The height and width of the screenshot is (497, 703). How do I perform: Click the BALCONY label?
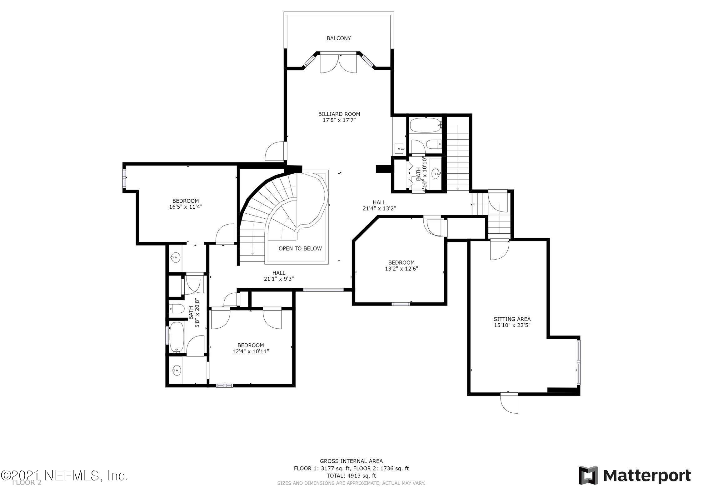(x=339, y=38)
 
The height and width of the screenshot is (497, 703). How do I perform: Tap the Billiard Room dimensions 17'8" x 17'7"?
(x=339, y=120)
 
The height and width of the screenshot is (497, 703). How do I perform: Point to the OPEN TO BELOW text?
(x=300, y=249)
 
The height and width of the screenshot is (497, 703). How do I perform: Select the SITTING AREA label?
(x=512, y=319)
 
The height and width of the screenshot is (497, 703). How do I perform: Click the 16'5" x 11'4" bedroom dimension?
(x=186, y=206)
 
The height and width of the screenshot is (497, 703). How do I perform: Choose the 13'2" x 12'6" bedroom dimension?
(x=401, y=268)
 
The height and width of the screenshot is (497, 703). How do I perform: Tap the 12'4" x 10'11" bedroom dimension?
(x=251, y=351)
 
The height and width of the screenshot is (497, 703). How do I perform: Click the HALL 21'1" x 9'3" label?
(x=279, y=276)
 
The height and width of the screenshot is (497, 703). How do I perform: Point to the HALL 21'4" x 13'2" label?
(x=379, y=206)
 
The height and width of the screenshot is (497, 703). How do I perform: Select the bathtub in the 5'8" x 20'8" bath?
(x=177, y=338)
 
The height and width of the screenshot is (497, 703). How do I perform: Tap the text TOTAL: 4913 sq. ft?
(x=351, y=485)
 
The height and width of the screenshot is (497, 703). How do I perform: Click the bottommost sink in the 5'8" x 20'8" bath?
(x=176, y=371)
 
